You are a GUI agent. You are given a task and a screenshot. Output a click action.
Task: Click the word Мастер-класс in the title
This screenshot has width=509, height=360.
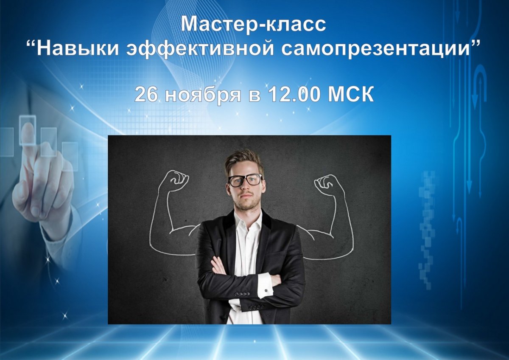254,24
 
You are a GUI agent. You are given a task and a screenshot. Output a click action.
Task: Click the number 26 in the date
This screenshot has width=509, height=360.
146,95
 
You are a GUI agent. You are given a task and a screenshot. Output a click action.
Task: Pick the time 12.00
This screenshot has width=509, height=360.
292,95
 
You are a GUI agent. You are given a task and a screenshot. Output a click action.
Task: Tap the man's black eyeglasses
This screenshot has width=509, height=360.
245,180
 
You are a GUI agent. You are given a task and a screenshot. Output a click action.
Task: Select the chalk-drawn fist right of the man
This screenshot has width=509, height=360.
327,184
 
